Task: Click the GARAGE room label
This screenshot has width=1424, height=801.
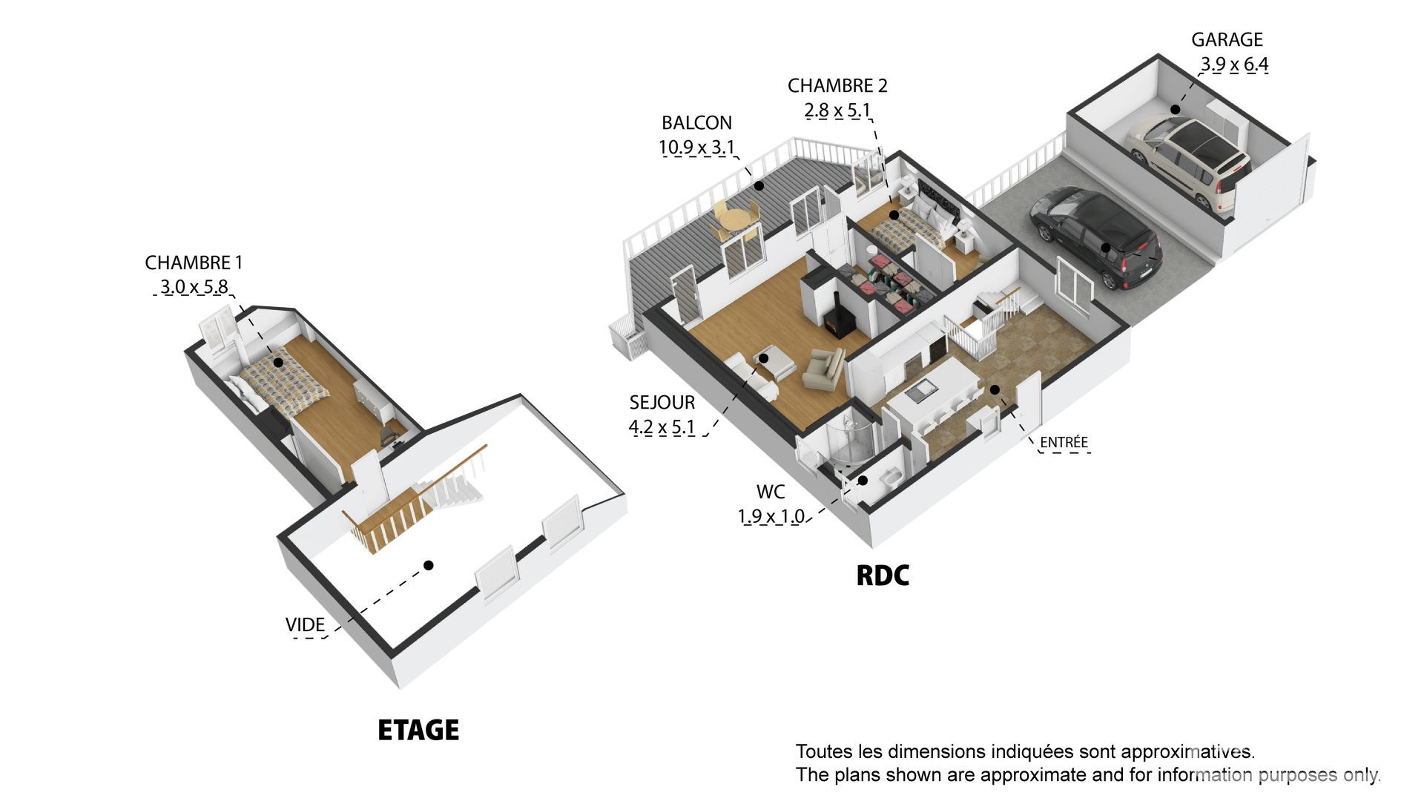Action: click(x=1227, y=40)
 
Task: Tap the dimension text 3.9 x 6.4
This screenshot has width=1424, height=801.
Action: click(x=1234, y=65)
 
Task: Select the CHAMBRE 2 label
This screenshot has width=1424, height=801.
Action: click(x=837, y=86)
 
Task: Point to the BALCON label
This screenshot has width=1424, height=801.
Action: click(x=696, y=123)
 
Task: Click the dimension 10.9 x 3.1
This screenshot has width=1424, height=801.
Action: click(x=696, y=147)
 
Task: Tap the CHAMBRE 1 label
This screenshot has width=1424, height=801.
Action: click(x=194, y=263)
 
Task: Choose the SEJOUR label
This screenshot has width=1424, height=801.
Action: click(x=662, y=403)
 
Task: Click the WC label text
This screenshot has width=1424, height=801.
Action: click(x=771, y=492)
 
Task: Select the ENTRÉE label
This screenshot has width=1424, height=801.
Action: click(x=1064, y=443)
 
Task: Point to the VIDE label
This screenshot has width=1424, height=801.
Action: click(x=305, y=625)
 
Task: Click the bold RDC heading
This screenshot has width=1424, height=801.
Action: click(x=883, y=576)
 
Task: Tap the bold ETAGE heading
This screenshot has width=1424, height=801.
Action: click(x=418, y=731)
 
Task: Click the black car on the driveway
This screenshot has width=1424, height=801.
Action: click(x=1096, y=237)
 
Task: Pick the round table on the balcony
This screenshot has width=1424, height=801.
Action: click(x=736, y=220)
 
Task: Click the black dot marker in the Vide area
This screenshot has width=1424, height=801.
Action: click(x=428, y=565)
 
